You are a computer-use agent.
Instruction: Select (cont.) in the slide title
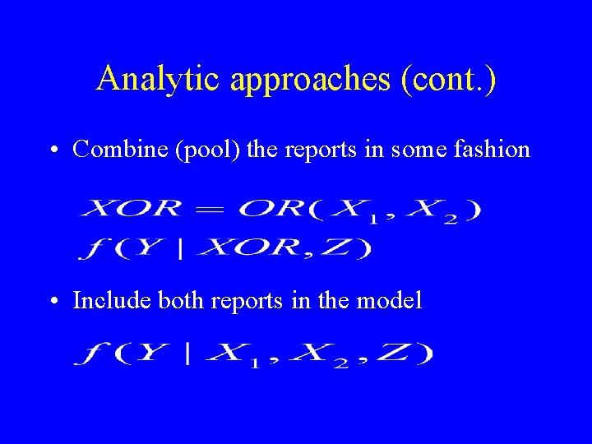click(x=447, y=79)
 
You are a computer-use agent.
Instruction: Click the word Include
click(x=105, y=301)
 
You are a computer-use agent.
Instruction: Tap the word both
click(x=181, y=301)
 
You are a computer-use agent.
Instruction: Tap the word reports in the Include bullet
click(x=247, y=302)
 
